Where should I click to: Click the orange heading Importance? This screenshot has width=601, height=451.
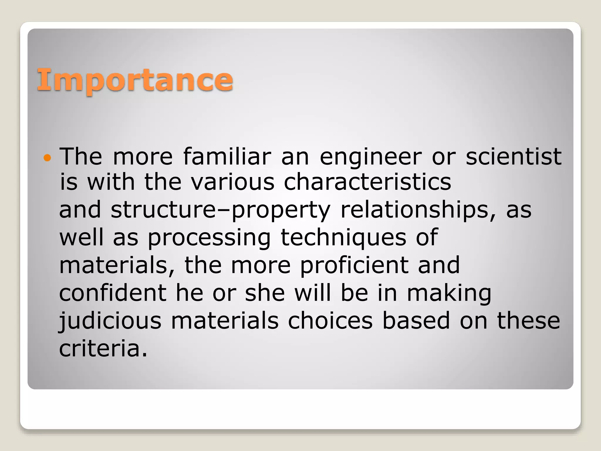click(x=135, y=80)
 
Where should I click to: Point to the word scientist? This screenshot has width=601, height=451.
click(x=514, y=156)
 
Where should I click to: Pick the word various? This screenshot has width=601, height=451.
click(x=233, y=182)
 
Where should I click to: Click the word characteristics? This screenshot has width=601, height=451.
click(x=367, y=182)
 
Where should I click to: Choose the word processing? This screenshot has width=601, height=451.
click(x=209, y=238)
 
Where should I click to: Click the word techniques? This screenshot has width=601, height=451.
click(x=343, y=238)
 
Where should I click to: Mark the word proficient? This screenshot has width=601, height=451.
click(x=354, y=265)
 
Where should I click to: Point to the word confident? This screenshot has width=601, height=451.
click(x=113, y=293)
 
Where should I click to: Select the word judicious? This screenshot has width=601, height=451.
click(x=110, y=321)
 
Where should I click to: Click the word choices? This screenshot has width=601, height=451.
click(x=330, y=320)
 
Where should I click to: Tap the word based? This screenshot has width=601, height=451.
click(x=416, y=320)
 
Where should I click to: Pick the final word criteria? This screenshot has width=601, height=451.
click(x=103, y=348)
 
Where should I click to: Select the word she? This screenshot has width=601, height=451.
click(x=265, y=293)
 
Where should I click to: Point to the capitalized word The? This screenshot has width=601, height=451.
click(x=81, y=156)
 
